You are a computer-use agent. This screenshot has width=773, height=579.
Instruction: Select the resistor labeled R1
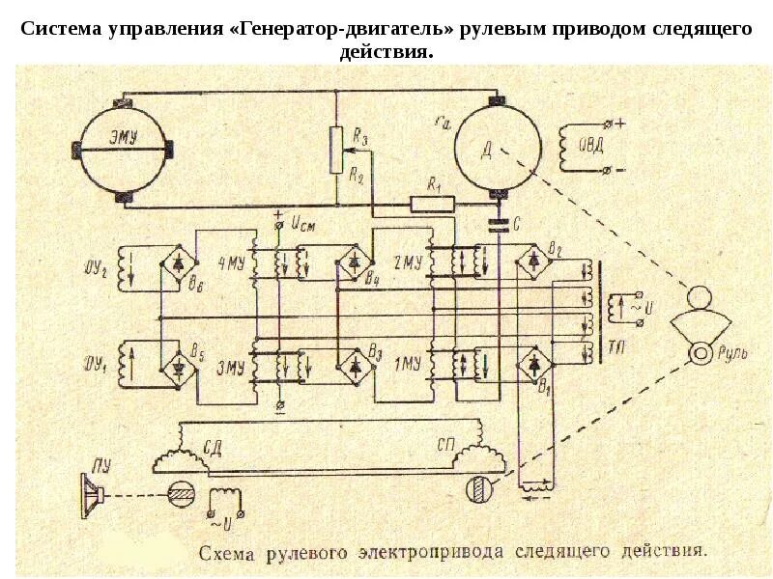[432, 203]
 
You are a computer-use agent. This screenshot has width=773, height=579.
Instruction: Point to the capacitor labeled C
[500, 225]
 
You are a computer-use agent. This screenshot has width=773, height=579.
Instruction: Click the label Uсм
[301, 224]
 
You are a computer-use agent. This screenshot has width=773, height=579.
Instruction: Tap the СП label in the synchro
[445, 445]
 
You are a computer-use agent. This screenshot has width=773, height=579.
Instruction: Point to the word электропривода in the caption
[432, 554]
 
